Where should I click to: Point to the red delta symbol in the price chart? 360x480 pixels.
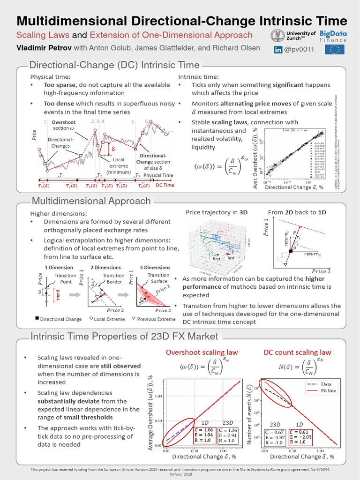tap(112, 149)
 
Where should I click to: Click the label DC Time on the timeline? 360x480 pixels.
tap(165, 185)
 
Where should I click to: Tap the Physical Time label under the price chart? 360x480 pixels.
tap(158, 175)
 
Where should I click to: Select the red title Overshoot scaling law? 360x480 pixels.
tap(202, 352)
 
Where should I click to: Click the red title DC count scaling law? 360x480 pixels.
tap(297, 352)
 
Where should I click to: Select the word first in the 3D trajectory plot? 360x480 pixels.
tap(216, 258)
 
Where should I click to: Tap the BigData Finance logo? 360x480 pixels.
tap(333, 37)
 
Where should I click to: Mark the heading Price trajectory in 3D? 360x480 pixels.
tap(217, 212)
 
